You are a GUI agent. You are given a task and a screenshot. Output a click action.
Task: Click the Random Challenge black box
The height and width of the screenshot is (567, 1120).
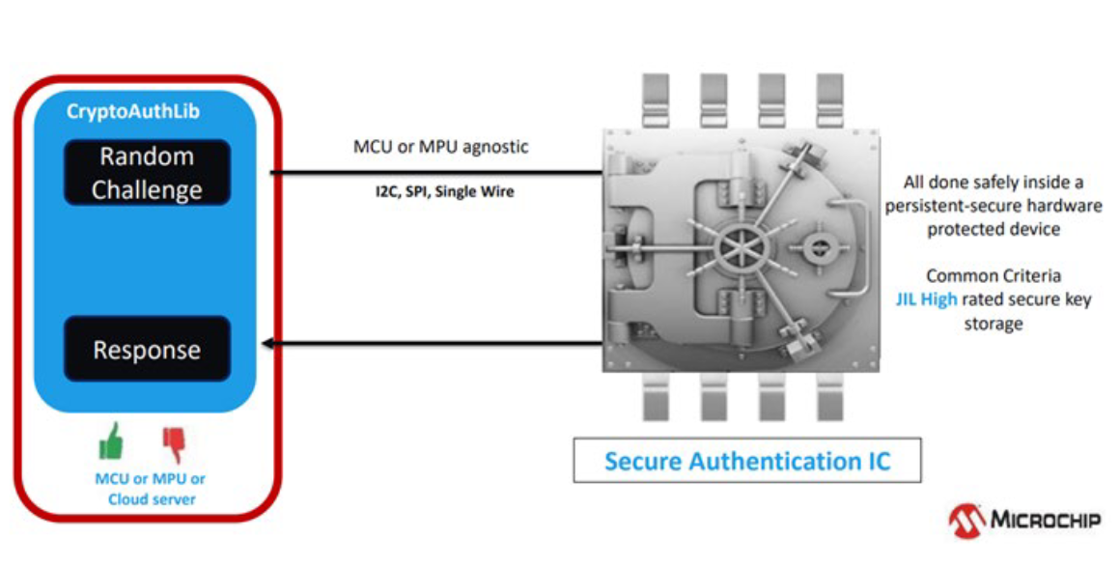[147, 173]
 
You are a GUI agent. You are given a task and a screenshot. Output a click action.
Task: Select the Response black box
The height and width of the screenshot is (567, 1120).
[147, 349]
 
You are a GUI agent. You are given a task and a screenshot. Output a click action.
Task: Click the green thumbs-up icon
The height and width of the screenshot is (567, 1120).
[112, 441]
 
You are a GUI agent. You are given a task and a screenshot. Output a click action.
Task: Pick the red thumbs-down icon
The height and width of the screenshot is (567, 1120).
[174, 443]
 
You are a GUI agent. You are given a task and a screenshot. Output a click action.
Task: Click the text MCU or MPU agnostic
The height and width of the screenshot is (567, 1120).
[441, 148]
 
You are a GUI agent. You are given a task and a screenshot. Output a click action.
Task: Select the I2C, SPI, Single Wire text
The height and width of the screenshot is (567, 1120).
[445, 191]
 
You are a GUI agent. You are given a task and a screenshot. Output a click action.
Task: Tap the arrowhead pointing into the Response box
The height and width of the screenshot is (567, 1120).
[268, 342]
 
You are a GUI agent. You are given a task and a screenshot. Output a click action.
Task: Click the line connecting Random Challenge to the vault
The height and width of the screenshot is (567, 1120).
[434, 174]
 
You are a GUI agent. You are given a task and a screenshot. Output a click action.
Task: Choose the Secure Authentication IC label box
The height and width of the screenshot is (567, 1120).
[746, 461]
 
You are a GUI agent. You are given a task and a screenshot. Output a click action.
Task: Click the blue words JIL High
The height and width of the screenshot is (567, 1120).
[925, 299]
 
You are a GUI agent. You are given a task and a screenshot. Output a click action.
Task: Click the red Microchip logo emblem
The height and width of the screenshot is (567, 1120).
[967, 520]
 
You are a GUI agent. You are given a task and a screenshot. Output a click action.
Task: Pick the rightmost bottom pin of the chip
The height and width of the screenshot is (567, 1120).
[829, 399]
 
